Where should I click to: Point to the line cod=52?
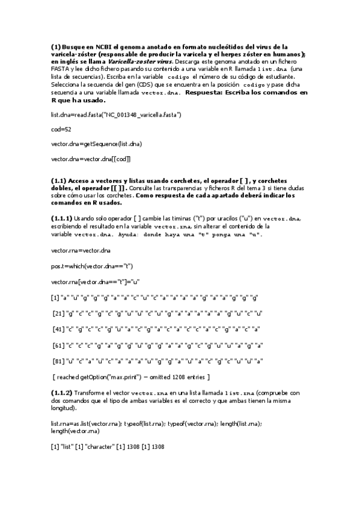(61, 129)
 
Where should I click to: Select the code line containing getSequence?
(96, 144)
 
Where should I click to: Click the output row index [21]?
(59, 313)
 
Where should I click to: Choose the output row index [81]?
(59, 361)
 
